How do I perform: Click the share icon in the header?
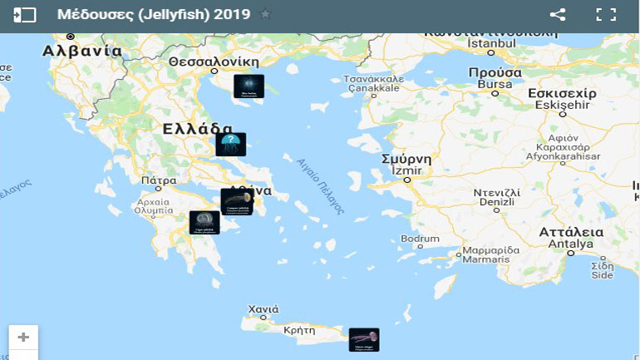click(558, 14)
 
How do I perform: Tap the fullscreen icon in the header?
click(605, 14)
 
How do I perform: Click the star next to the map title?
click(265, 14)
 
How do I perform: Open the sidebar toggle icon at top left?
click(25, 14)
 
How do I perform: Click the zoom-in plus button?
click(23, 338)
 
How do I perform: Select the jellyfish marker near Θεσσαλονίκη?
click(249, 86)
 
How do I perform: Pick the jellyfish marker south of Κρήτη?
click(363, 339)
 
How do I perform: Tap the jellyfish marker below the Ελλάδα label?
click(230, 145)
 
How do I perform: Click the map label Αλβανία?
click(82, 51)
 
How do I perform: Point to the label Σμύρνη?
click(406, 159)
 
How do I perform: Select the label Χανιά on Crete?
click(263, 309)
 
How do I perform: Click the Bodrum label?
click(420, 239)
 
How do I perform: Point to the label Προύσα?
click(495, 72)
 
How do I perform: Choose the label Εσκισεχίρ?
click(563, 94)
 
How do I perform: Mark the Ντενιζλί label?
click(496, 192)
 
